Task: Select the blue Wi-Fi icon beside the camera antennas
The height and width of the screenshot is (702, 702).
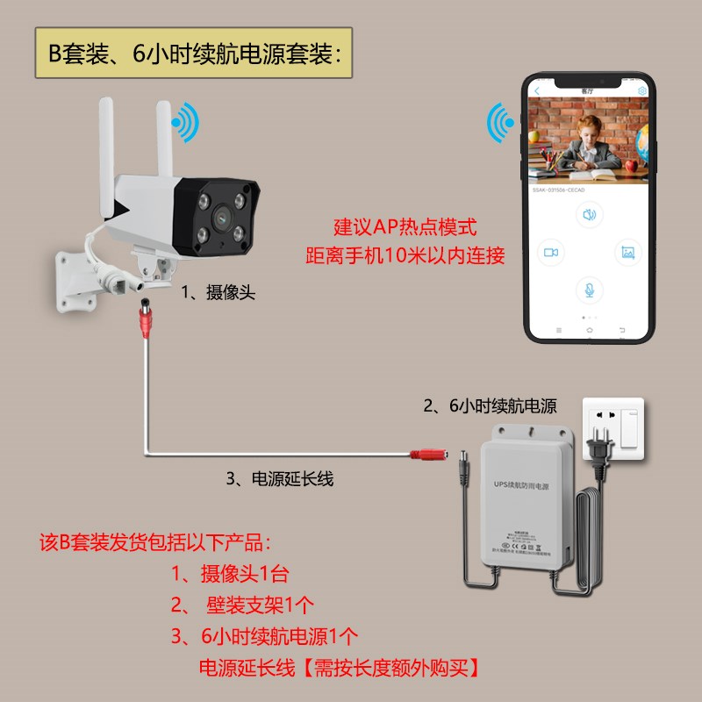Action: coord(185,124)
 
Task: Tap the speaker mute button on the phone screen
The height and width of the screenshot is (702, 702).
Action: coord(589,214)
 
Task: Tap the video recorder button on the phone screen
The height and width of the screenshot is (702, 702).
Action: coord(551,252)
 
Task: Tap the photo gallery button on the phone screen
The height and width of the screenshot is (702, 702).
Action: coord(627,252)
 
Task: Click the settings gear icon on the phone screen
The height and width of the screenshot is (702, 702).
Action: coord(642,90)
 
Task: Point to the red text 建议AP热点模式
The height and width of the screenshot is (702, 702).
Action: coord(405,228)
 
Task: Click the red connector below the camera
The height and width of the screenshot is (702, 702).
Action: coord(141,320)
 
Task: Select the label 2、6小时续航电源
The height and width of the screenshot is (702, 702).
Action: coord(490,405)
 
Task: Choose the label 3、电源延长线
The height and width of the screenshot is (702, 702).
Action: coord(280,479)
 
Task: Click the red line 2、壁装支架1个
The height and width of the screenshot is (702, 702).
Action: coord(243,605)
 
